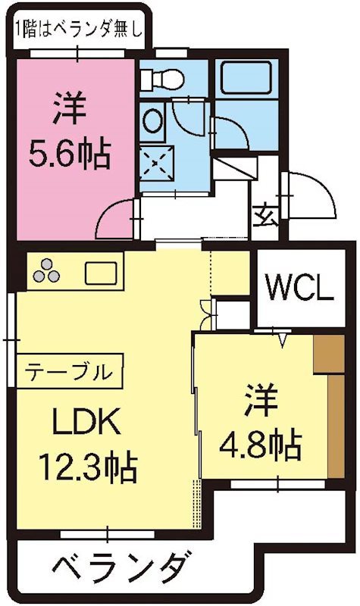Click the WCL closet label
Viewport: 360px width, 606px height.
299,289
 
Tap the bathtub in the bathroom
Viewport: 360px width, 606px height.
246,77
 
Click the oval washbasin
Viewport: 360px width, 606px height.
152,121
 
